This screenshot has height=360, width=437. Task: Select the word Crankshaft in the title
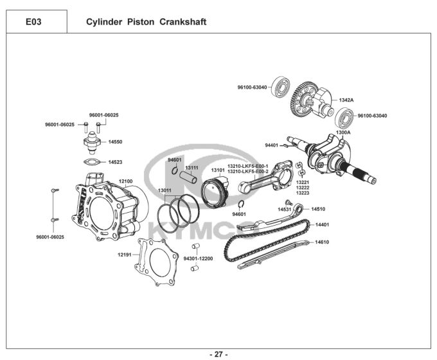click(183, 22)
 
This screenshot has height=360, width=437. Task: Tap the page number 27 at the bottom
click(219, 354)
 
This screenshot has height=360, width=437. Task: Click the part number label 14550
click(115, 141)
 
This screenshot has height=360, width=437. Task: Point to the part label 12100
click(126, 181)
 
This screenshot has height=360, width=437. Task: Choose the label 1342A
click(346, 100)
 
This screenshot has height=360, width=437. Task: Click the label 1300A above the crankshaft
click(343, 132)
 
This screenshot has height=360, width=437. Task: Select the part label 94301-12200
click(198, 258)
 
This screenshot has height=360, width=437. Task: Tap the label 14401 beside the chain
click(322, 224)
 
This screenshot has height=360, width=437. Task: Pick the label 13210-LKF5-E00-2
click(248, 172)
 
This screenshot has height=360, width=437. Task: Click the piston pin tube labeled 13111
click(188, 177)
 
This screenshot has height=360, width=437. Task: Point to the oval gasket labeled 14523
click(91, 162)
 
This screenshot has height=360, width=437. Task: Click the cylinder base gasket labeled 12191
click(156, 262)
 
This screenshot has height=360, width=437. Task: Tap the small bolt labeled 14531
click(289, 202)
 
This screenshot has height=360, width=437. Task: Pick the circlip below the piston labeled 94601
click(242, 204)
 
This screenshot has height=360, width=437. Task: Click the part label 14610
click(322, 242)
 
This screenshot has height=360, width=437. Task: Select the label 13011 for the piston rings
click(165, 190)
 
